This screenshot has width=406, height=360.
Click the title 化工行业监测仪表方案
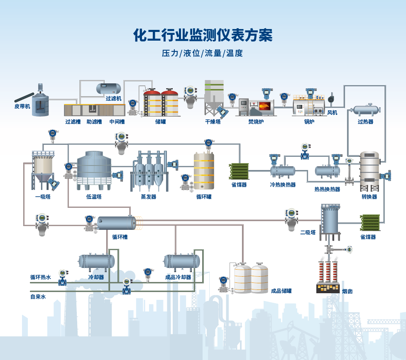tap(203, 36)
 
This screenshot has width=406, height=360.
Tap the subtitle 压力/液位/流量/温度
tap(202, 54)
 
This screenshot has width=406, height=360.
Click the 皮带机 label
tap(22, 106)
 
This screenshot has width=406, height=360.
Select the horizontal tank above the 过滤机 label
tap(109, 88)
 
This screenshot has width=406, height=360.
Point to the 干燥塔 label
tap(213, 122)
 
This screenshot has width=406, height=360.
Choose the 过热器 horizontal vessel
tap(366, 109)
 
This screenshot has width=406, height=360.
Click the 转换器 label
tap(369, 197)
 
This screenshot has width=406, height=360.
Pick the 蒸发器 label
tap(148, 197)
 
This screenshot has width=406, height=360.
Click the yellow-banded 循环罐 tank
tap(204, 170)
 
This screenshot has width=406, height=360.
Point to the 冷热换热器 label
tap(283, 185)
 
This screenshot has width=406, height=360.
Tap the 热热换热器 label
tap(327, 190)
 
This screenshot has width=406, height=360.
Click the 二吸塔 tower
tap(330, 219)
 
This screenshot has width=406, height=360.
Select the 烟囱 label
tap(347, 292)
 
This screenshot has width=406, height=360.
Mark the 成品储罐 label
tap(281, 291)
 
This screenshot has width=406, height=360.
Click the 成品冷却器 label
tap(178, 277)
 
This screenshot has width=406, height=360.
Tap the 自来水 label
tap(38, 297)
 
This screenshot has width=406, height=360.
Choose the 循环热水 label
tap(40, 277)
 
